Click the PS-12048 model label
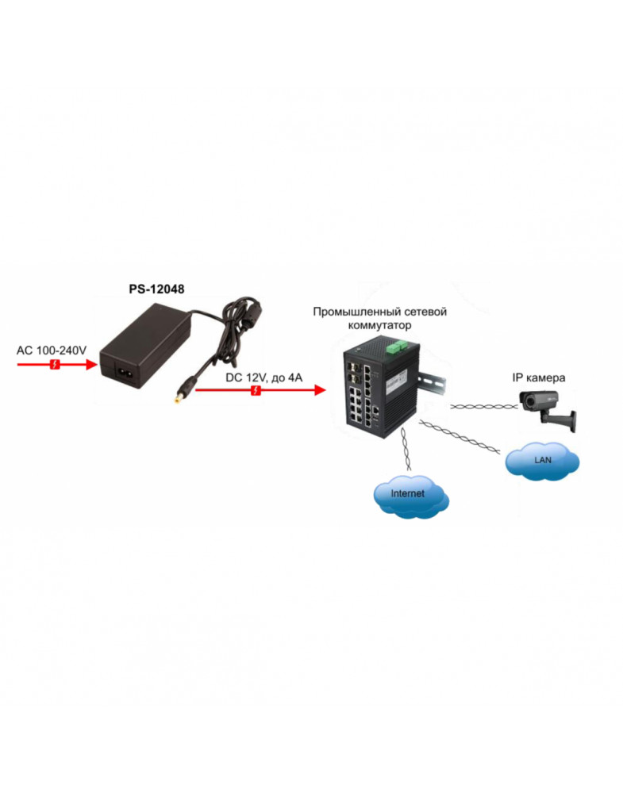click(x=156, y=289)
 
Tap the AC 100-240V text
click(x=52, y=350)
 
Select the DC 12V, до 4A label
click(x=263, y=377)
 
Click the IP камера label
click(x=539, y=377)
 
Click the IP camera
click(x=543, y=404)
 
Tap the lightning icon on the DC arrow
click(x=255, y=390)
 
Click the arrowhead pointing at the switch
click(x=320, y=390)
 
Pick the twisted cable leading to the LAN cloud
click(x=460, y=439)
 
